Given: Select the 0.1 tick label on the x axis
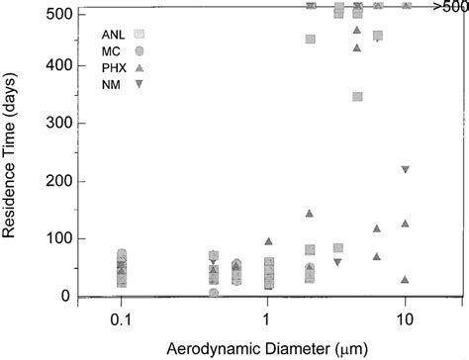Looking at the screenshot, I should click(x=121, y=321).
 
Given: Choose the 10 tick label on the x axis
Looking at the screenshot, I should click(x=405, y=321).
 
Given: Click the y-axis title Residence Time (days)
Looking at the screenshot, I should click(x=15, y=156).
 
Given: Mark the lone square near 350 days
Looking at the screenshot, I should click(x=357, y=97).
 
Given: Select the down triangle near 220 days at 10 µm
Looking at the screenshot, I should click(x=406, y=169).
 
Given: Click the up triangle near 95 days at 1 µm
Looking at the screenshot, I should click(x=268, y=241).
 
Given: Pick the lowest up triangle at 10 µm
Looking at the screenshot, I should click(x=405, y=280).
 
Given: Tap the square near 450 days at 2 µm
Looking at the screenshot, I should click(x=311, y=40).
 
